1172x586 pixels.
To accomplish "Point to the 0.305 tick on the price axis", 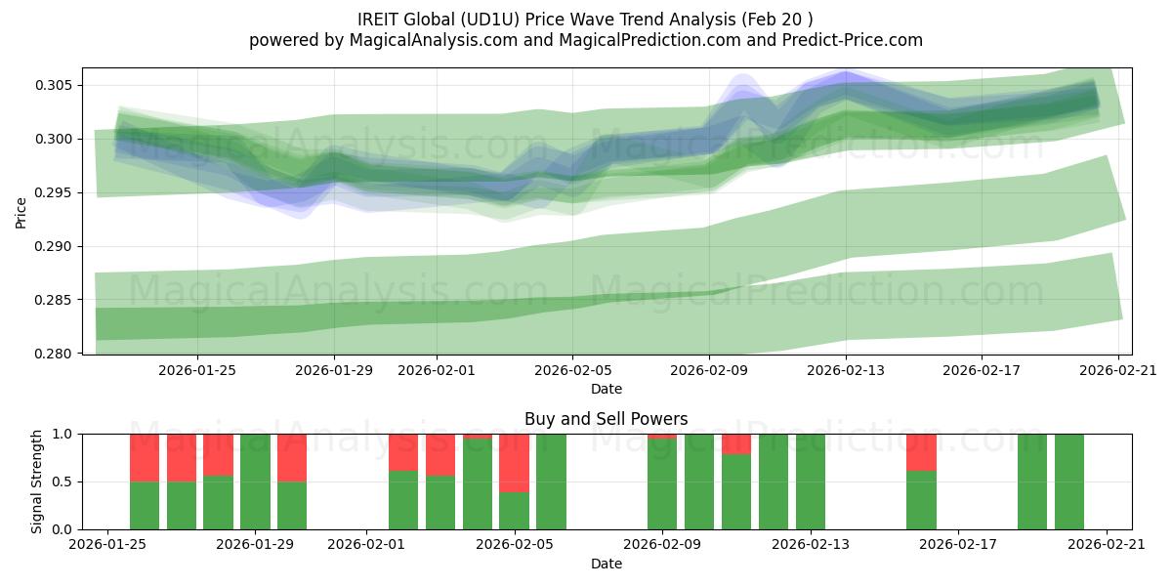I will tap(55, 85).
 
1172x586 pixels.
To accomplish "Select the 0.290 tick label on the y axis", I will tap(55, 246).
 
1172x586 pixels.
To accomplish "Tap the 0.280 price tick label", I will tap(55, 354).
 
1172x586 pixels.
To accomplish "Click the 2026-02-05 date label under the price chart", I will tap(572, 371).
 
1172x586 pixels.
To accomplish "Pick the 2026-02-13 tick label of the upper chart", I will tap(845, 371).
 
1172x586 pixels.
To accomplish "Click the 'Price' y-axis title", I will tap(21, 211).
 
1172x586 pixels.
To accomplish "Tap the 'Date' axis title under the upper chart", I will tap(607, 389).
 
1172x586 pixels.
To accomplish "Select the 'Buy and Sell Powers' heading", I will tap(606, 419).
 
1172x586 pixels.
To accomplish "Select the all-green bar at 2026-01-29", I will tap(255, 481).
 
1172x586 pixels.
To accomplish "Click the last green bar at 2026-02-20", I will tap(1068, 481).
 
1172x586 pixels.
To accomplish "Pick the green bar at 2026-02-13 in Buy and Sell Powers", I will tap(810, 481).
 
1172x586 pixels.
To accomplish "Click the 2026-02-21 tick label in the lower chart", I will tap(1107, 546).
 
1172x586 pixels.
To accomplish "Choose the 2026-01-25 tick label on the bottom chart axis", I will tap(107, 546).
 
